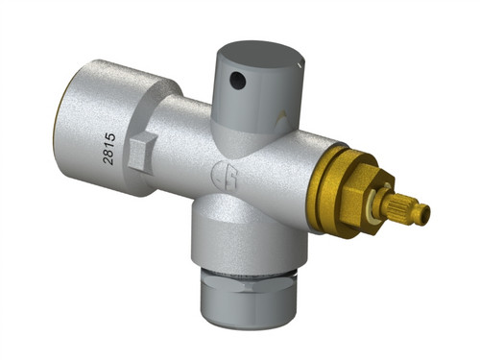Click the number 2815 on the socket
coord(109,149)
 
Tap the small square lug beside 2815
coord(142,153)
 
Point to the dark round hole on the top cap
coord(238,80)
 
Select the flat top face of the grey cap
coord(260,54)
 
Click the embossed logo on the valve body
coord(226,175)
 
